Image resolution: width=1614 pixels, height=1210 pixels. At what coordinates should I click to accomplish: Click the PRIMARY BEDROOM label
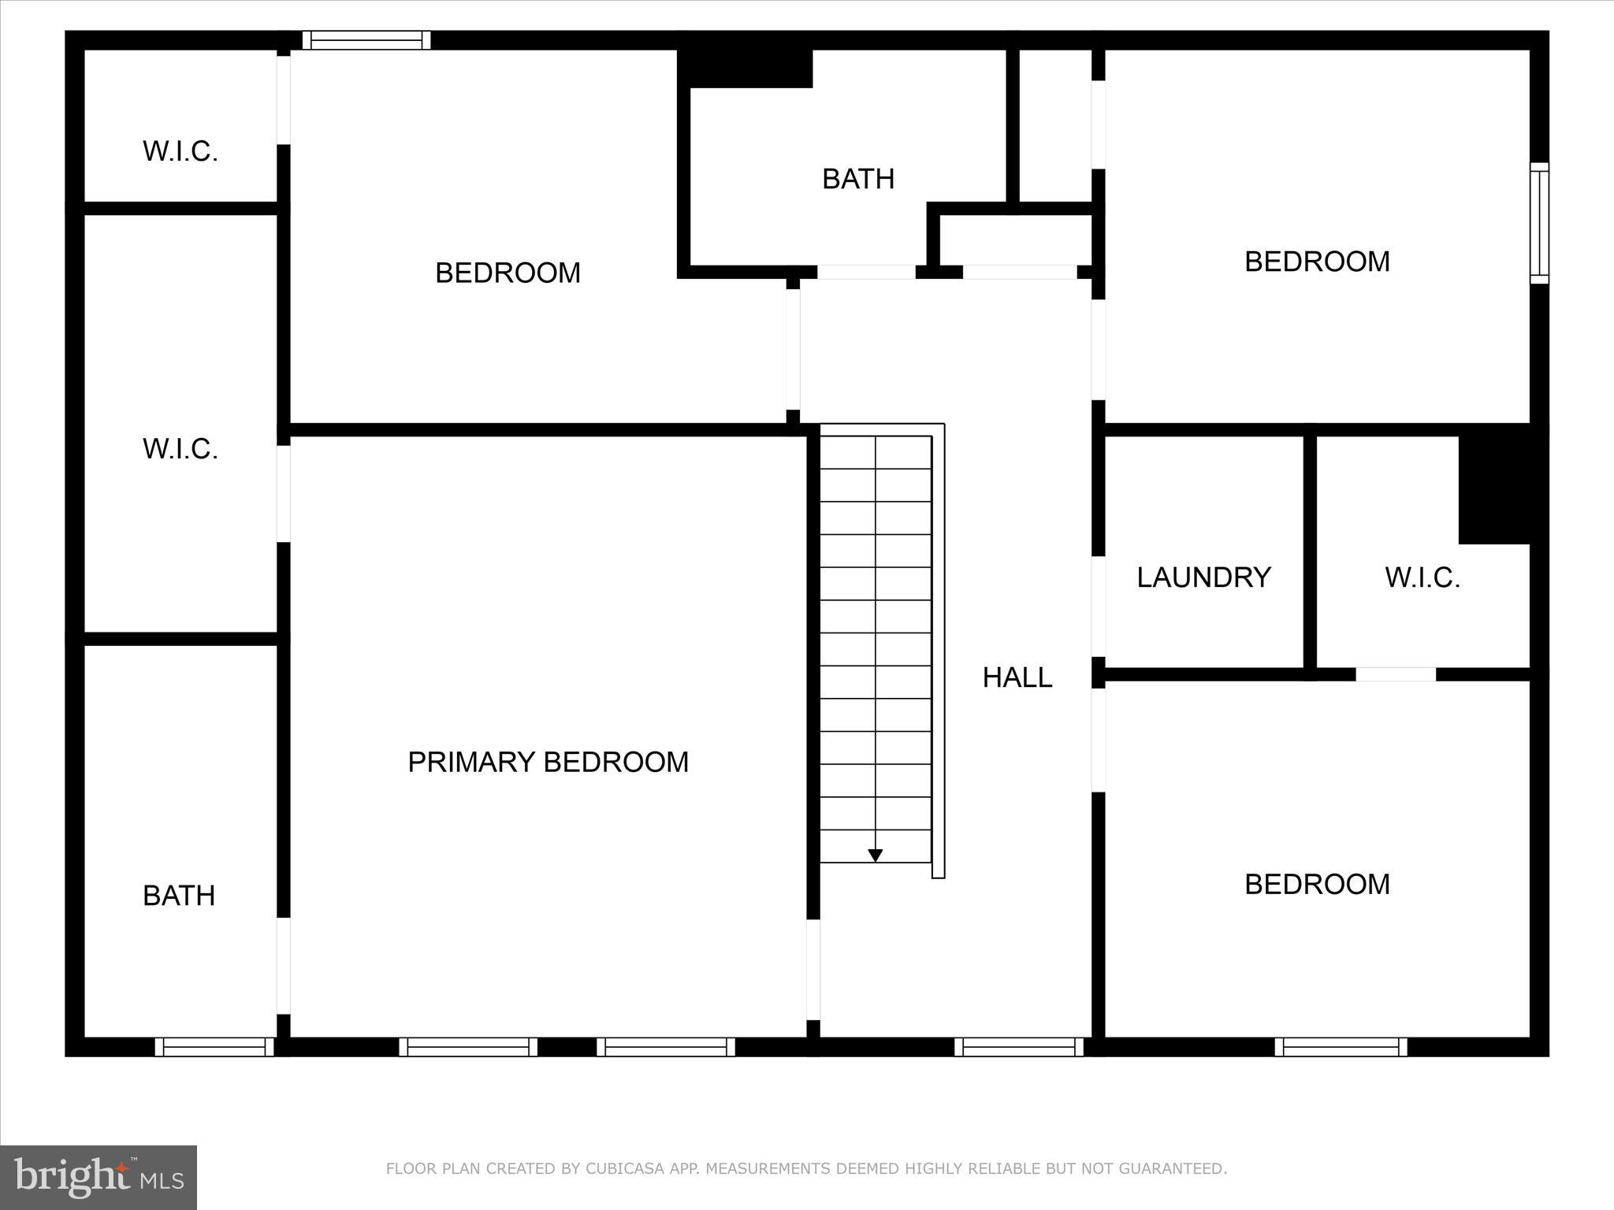coord(548,762)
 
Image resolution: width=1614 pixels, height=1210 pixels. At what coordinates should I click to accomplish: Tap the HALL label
coord(1017,677)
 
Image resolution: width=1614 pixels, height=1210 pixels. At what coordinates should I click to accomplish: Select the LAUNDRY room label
coord(1203,577)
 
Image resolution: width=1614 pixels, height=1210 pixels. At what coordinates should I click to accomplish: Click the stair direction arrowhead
coord(875,856)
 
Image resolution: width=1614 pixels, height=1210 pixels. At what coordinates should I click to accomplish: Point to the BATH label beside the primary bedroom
coord(179,896)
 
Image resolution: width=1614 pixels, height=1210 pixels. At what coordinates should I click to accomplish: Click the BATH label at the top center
coord(858,179)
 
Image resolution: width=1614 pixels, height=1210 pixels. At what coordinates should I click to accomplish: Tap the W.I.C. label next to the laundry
coord(1422,577)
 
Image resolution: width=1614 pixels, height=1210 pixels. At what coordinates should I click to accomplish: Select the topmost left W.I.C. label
coord(180,151)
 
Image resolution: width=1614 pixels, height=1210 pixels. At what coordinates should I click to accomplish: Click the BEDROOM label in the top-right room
coord(1317,262)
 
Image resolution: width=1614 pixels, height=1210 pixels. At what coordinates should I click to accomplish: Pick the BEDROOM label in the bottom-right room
coord(1317,884)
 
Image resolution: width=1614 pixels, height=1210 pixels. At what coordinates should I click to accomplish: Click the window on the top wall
coord(366,40)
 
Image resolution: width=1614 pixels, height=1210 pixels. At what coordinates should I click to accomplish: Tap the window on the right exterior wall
coord(1539,223)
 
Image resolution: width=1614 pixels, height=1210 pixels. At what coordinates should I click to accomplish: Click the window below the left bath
coord(214,1046)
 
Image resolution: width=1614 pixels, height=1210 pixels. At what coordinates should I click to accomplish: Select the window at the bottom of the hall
coord(1019,1046)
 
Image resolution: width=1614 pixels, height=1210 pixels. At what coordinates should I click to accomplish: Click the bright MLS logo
coord(99,1177)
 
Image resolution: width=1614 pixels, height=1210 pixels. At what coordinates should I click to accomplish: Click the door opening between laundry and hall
coord(1098,607)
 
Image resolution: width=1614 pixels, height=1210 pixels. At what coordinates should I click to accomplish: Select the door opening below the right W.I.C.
coord(1396,674)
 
